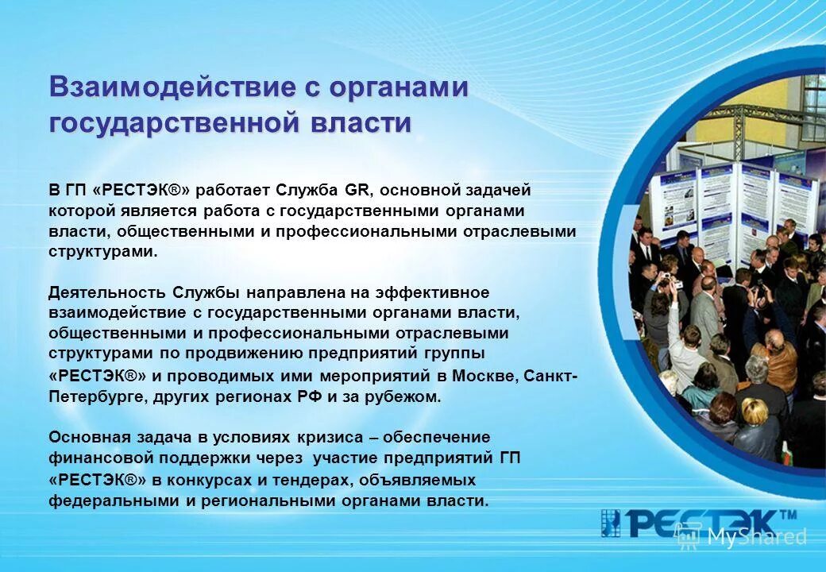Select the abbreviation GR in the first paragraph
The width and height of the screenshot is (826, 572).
coord(355,191)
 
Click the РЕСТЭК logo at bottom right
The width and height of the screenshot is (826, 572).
coord(699,524)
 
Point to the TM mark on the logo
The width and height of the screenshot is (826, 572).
coord(787,515)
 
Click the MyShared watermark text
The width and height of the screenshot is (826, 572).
coord(755,538)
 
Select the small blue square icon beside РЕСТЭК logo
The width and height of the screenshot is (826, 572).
coord(610,524)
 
